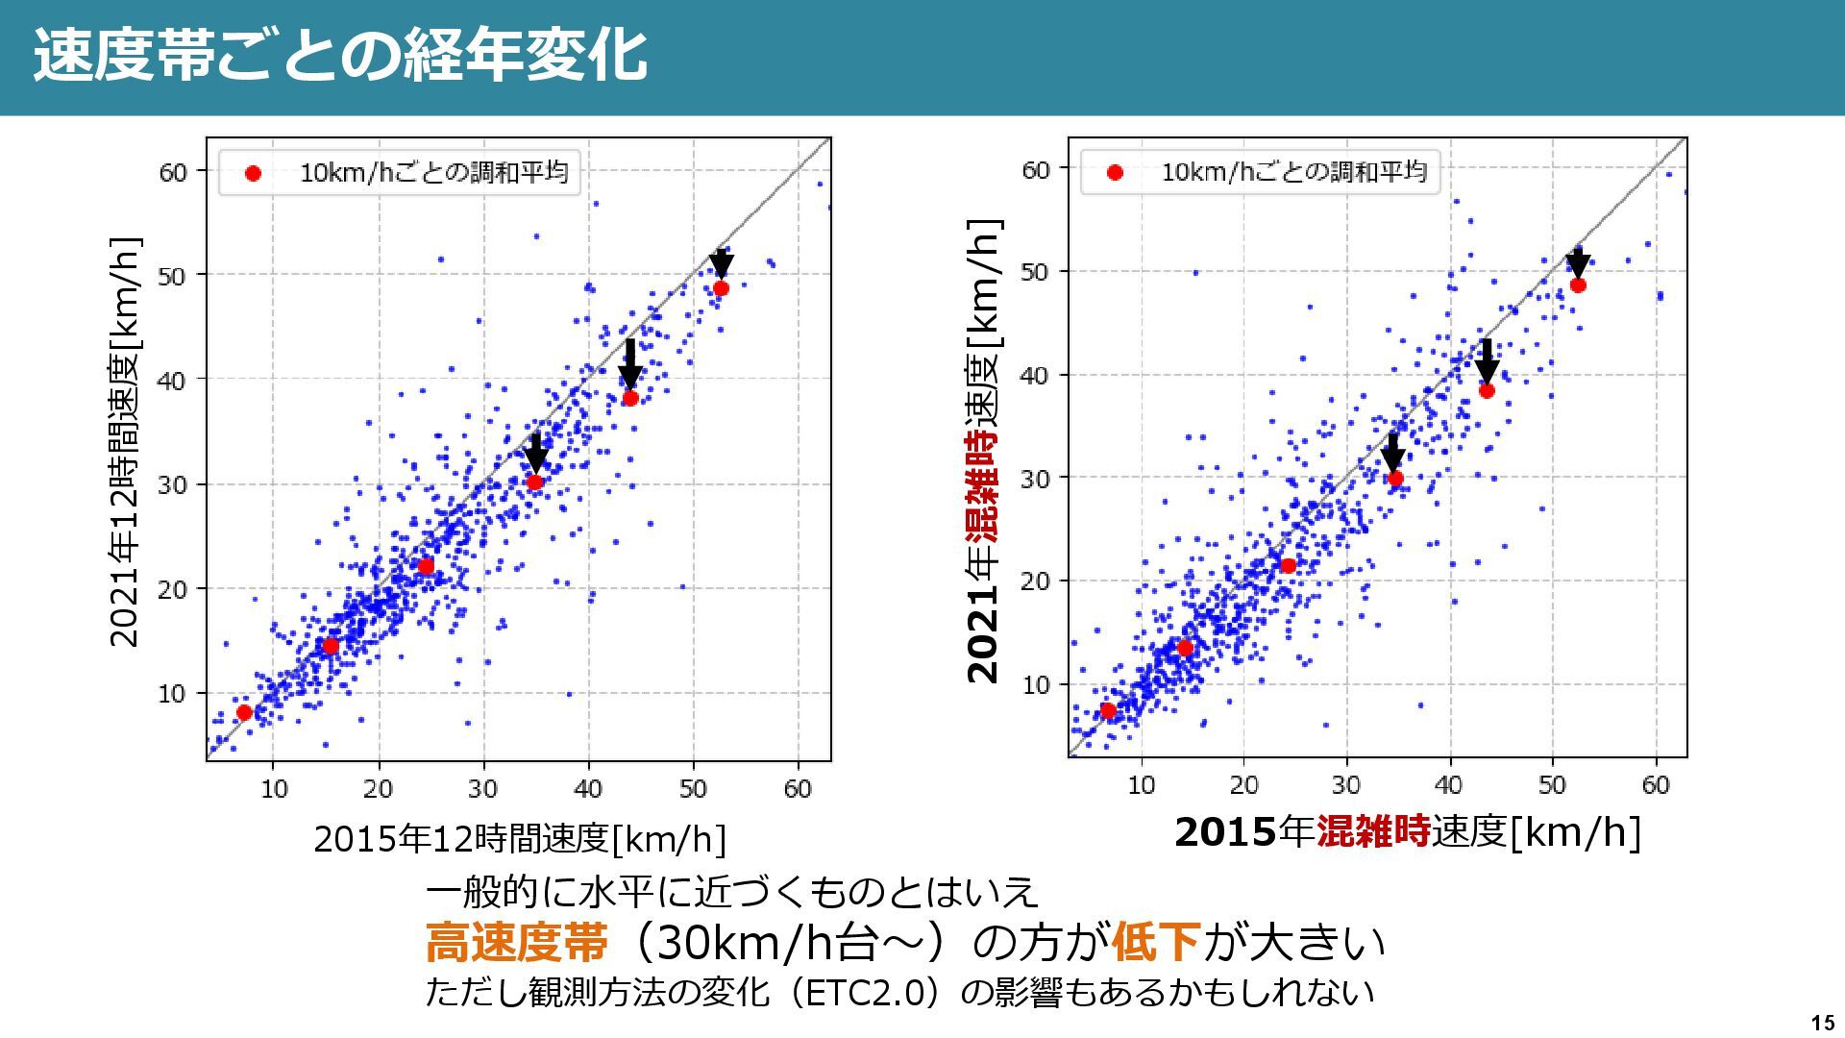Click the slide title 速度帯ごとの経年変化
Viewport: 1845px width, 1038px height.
[340, 56]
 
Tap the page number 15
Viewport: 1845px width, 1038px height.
[1821, 1022]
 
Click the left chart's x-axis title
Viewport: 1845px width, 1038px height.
[520, 839]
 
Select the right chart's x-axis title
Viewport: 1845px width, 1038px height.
[1407, 831]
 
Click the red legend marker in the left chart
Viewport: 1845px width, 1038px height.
[253, 174]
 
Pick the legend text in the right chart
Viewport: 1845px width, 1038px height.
[1293, 172]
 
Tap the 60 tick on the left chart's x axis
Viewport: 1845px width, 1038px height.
[797, 789]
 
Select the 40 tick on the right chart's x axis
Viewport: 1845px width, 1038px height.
[1448, 785]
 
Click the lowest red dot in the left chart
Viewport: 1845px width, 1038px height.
[244, 712]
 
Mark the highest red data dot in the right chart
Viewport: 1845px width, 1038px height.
[1577, 285]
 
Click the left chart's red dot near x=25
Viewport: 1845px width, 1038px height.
[426, 566]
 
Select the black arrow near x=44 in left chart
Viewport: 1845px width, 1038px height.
[629, 364]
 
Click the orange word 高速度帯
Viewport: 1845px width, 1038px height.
[516, 942]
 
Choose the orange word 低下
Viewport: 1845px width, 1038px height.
[1156, 942]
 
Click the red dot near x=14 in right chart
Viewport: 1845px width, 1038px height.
[1185, 649]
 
